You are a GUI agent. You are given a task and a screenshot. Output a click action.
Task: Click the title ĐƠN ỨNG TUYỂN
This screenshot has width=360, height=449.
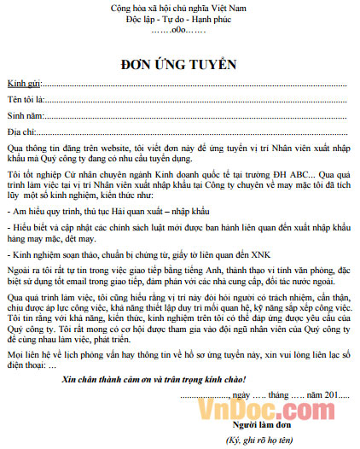tap(179, 65)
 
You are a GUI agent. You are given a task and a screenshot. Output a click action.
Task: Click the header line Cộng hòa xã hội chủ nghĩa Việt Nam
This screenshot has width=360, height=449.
tap(179, 8)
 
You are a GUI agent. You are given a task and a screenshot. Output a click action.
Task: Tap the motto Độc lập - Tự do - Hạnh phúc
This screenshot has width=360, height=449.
tap(179, 19)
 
